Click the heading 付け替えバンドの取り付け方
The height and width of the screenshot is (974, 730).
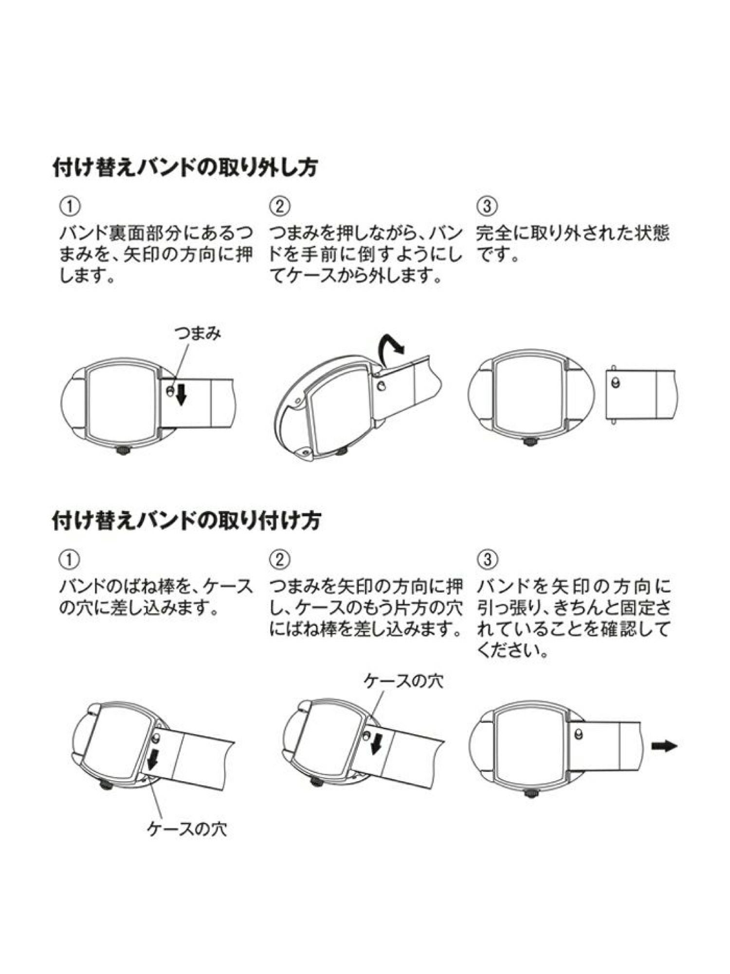click(x=186, y=521)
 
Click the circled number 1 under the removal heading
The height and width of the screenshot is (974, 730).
click(x=70, y=206)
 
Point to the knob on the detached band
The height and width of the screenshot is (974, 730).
click(x=617, y=383)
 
